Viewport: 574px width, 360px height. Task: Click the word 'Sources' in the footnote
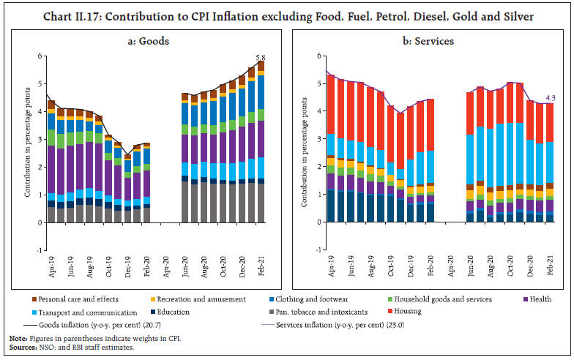(23, 347)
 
